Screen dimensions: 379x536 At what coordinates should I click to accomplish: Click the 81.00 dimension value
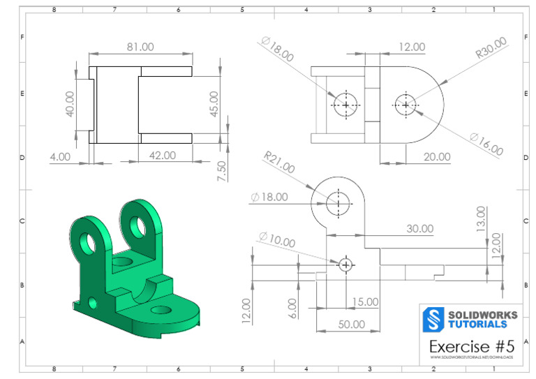point(140,47)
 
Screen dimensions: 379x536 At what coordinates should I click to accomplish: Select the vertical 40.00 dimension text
point(70,104)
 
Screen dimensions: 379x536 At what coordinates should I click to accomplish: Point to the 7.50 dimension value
point(221,170)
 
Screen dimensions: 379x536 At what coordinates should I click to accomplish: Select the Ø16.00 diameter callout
point(486,144)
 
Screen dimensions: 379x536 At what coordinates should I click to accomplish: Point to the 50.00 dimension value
point(352,324)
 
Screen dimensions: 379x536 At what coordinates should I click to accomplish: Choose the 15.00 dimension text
point(364,302)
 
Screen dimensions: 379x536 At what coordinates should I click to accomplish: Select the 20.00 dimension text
point(437,156)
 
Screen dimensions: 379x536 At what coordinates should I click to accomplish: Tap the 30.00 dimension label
point(419,228)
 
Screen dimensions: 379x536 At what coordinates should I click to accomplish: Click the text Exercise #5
point(468,346)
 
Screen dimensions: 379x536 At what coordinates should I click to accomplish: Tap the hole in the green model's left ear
point(87,241)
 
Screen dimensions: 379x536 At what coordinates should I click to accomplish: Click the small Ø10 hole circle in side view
point(345,265)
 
